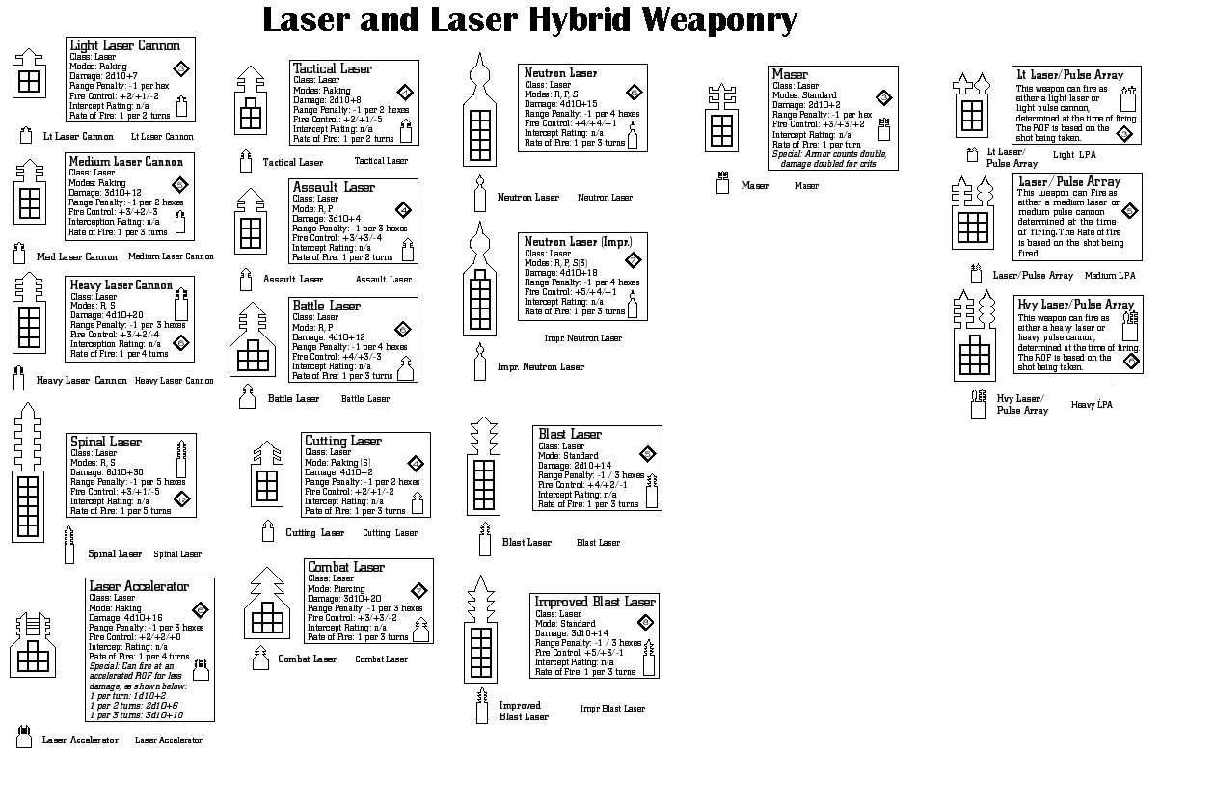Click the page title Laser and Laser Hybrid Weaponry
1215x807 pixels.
[x=530, y=19]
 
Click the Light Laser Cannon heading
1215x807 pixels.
[x=124, y=46]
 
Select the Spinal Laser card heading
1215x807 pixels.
[x=106, y=442]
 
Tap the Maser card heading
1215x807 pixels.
[x=791, y=74]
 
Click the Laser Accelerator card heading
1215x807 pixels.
[x=139, y=586]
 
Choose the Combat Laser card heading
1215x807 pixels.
[x=346, y=567]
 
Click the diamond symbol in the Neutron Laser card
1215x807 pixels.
[x=634, y=93]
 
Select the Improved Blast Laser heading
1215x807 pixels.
[x=595, y=602]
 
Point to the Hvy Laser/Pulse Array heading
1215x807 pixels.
[x=1076, y=305]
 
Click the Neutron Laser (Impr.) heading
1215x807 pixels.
[x=578, y=241]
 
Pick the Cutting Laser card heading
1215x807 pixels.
[x=343, y=441]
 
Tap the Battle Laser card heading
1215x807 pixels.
[x=326, y=306]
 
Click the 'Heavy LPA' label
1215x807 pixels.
[x=1092, y=405]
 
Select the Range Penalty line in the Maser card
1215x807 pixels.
[x=822, y=115]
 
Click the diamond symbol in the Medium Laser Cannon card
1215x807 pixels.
[x=179, y=184]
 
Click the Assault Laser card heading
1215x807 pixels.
[x=334, y=187]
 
